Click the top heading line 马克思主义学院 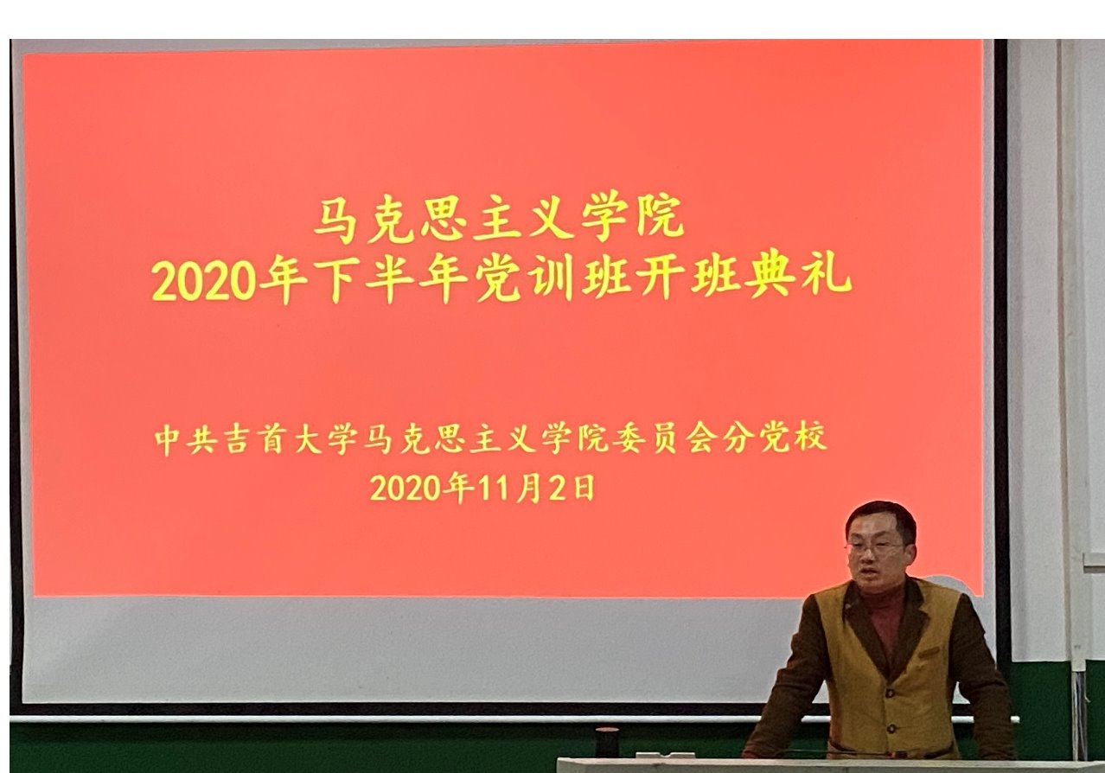(x=499, y=217)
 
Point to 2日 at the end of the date (x=574, y=489)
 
